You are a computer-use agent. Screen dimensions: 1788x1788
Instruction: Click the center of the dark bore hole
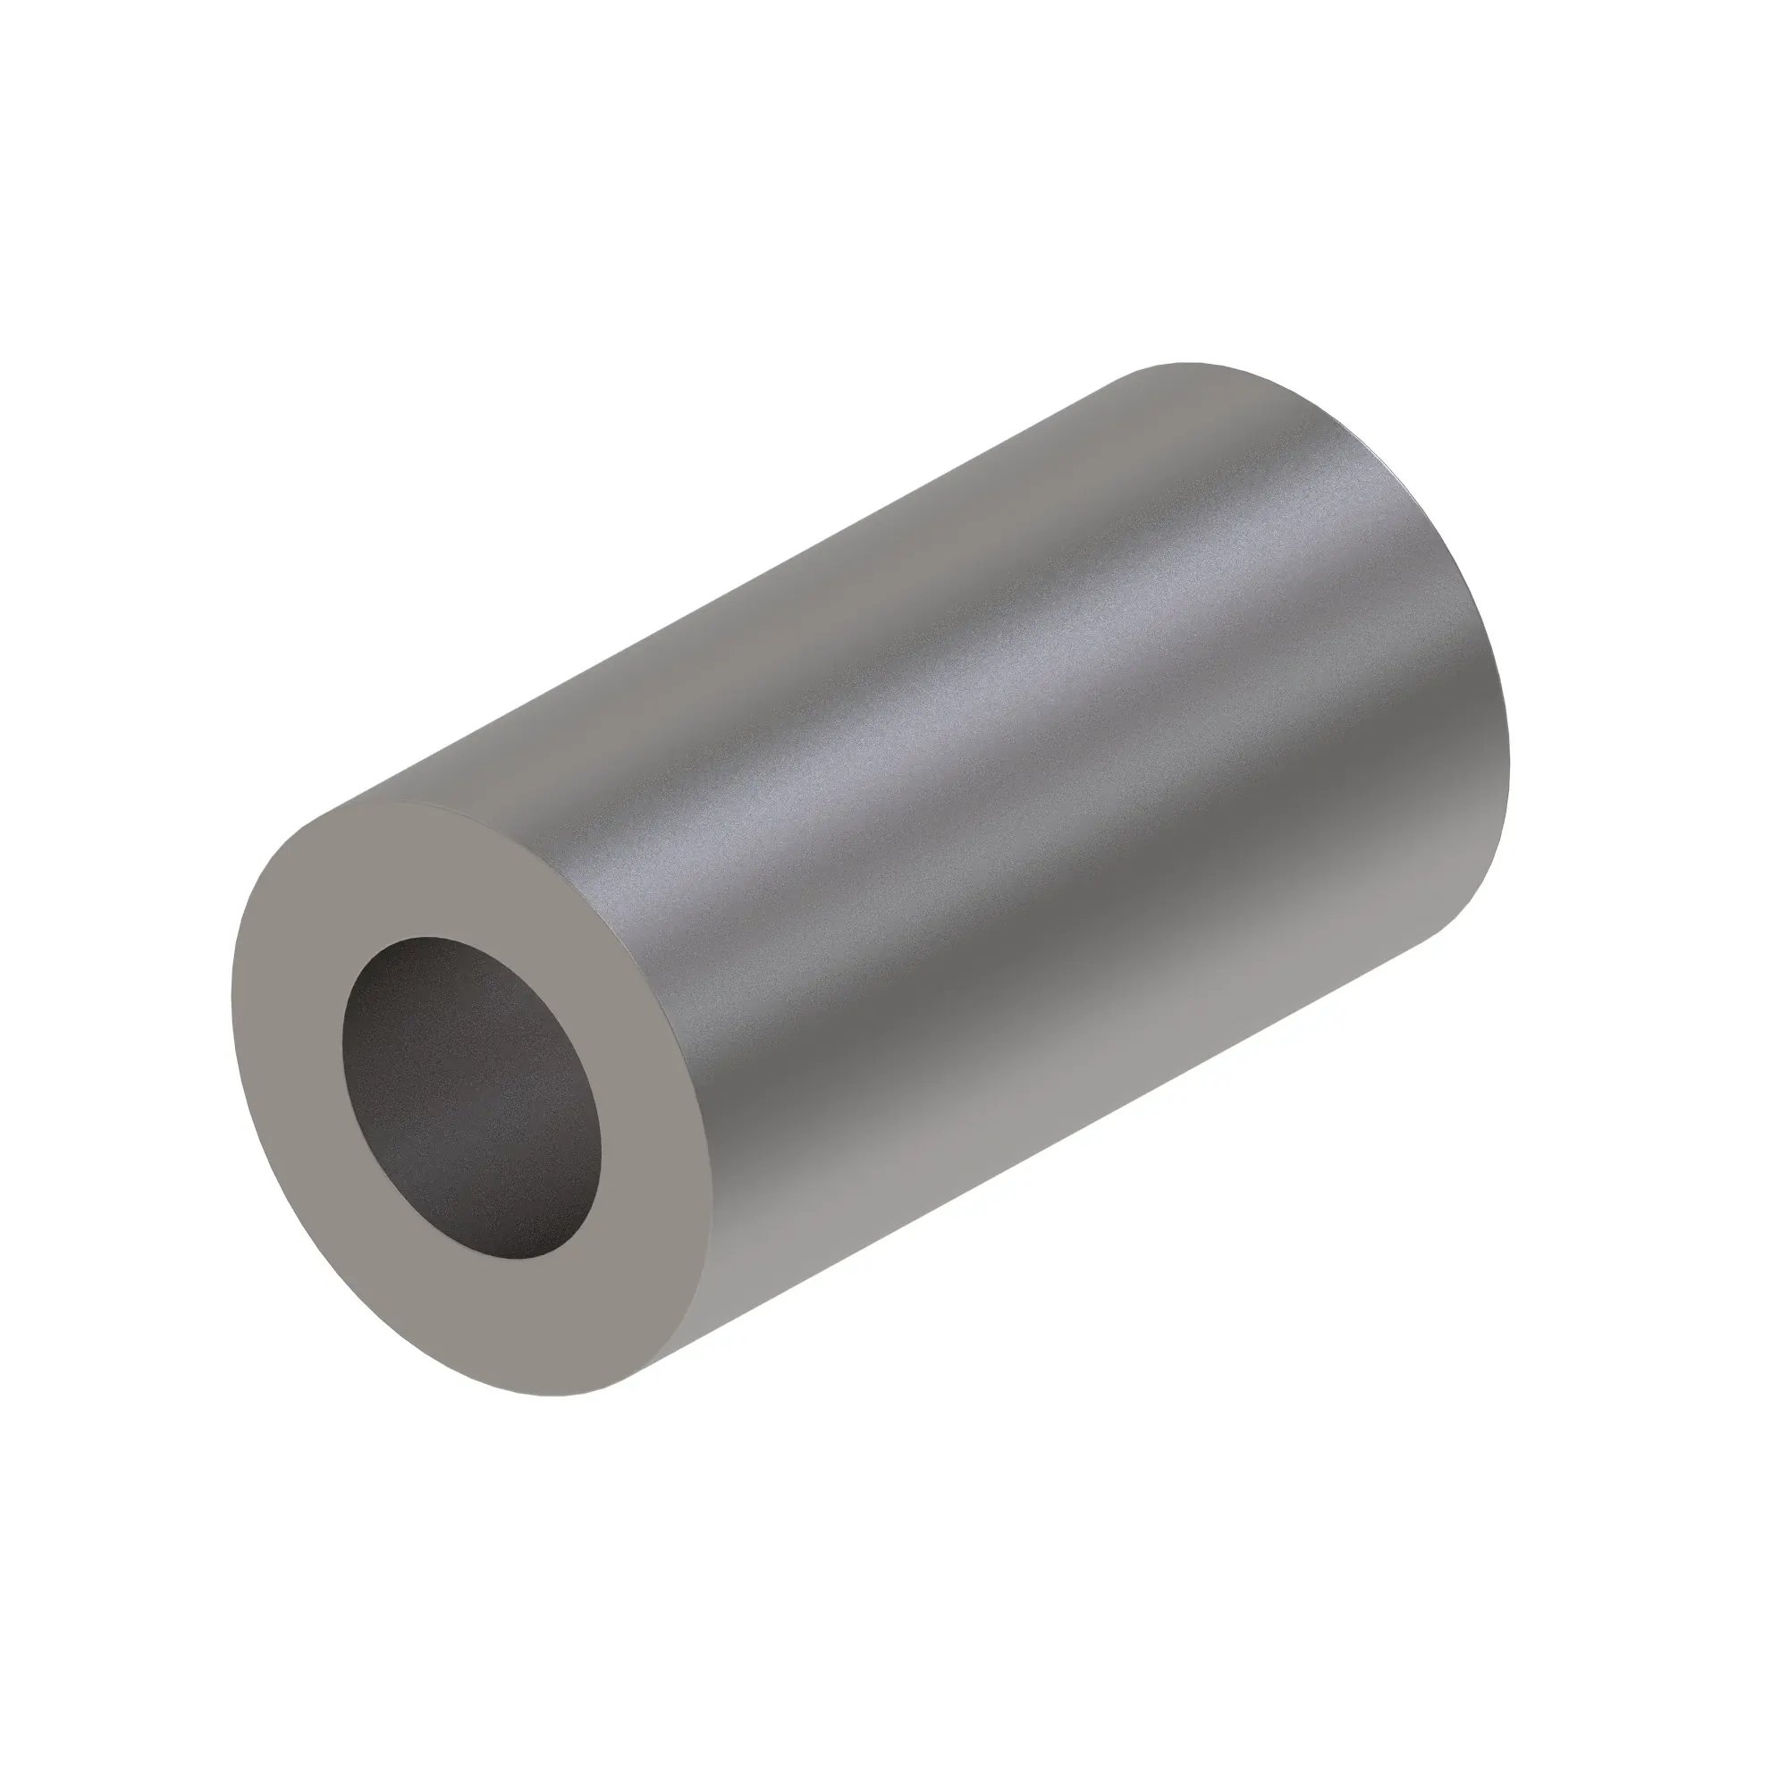[x=471, y=1099]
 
